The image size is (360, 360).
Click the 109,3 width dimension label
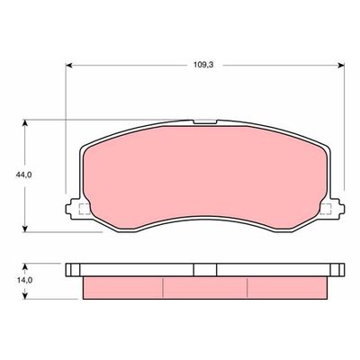203,65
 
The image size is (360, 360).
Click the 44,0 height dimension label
23,175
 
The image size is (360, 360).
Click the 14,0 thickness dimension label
24,280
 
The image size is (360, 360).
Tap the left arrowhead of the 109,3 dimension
69,66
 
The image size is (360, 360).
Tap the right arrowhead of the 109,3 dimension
341,66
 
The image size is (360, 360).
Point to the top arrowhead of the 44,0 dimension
25,123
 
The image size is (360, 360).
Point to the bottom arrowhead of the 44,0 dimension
25,228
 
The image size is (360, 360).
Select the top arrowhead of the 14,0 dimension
25,267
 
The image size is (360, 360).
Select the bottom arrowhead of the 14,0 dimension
25,295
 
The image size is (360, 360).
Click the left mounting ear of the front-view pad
72,209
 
